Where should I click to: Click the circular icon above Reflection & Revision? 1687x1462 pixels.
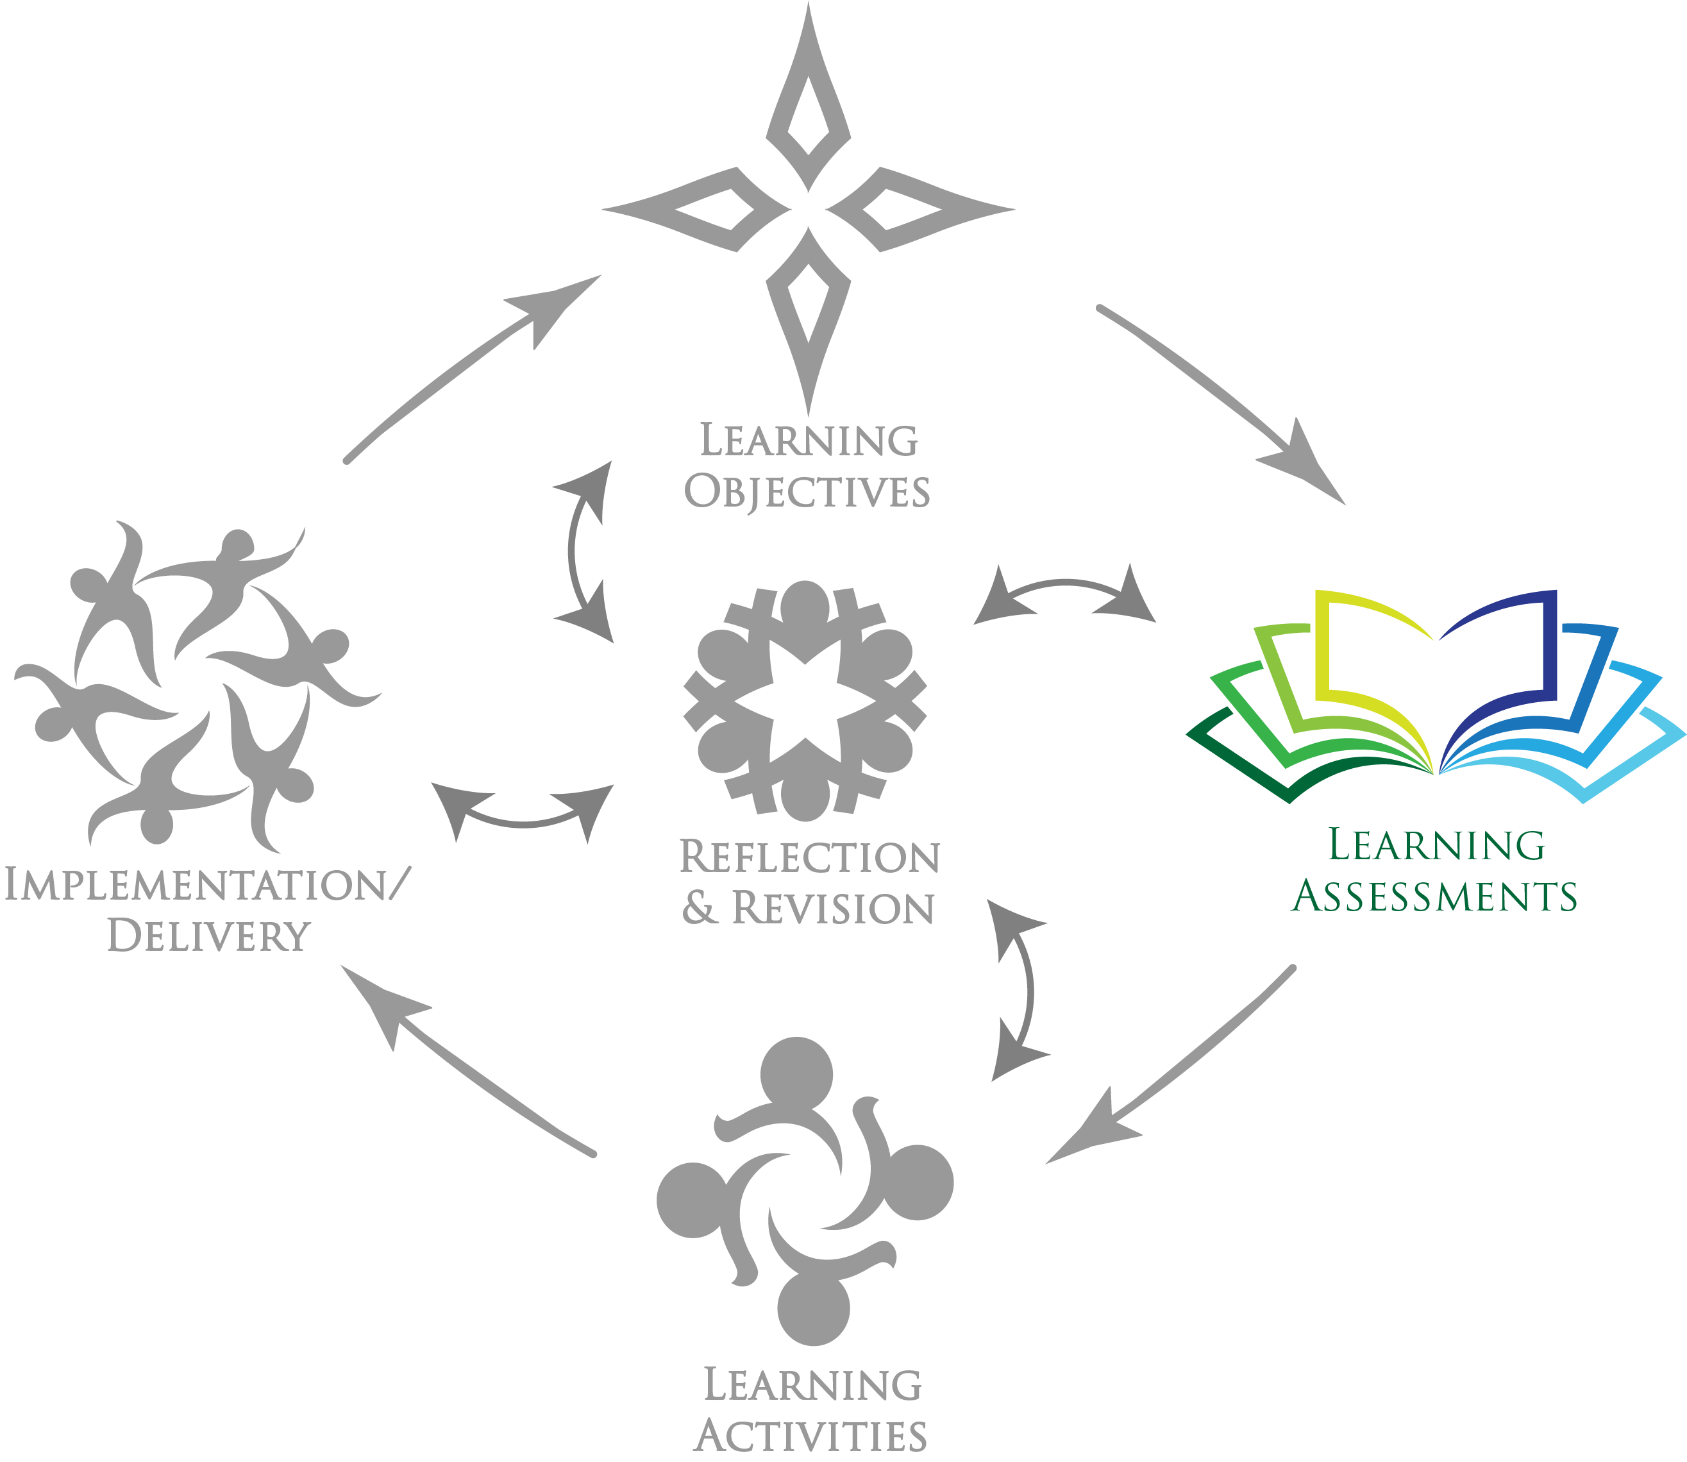tap(805, 700)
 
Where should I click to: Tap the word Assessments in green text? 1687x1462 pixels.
tap(1435, 896)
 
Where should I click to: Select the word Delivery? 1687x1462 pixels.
tap(209, 936)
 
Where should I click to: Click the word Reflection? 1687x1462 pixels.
tap(810, 857)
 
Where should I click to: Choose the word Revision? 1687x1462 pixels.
tap(833, 909)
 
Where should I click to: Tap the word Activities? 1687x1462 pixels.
tap(811, 1436)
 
